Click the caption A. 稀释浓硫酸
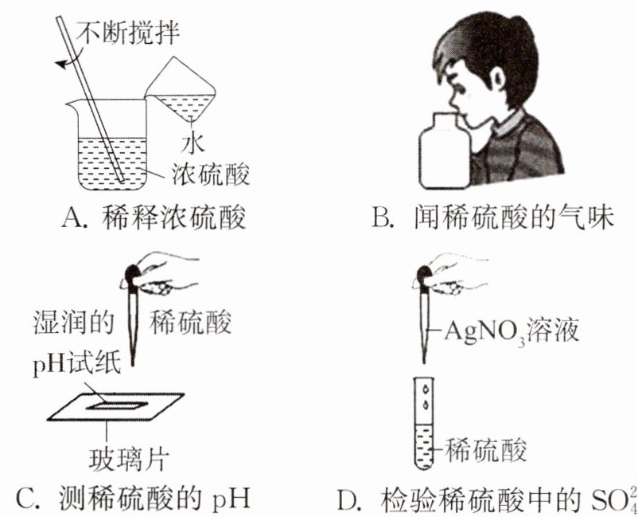tap(152, 216)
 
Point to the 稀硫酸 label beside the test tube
tap(487, 451)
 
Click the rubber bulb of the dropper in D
tap(422, 275)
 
